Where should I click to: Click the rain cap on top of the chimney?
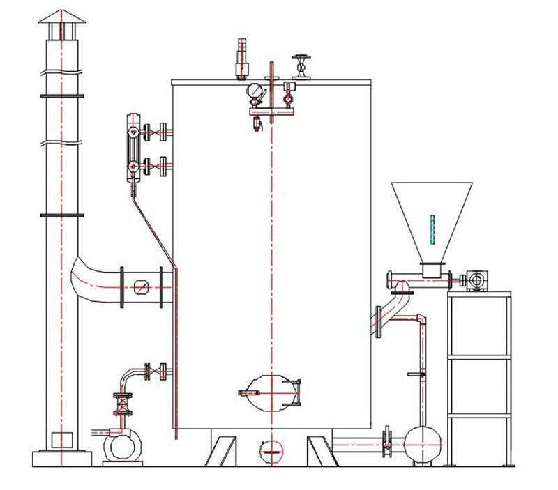(x=61, y=25)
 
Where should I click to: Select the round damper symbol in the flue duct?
(x=142, y=286)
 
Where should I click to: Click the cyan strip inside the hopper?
(x=432, y=229)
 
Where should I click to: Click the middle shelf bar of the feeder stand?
(x=478, y=356)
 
